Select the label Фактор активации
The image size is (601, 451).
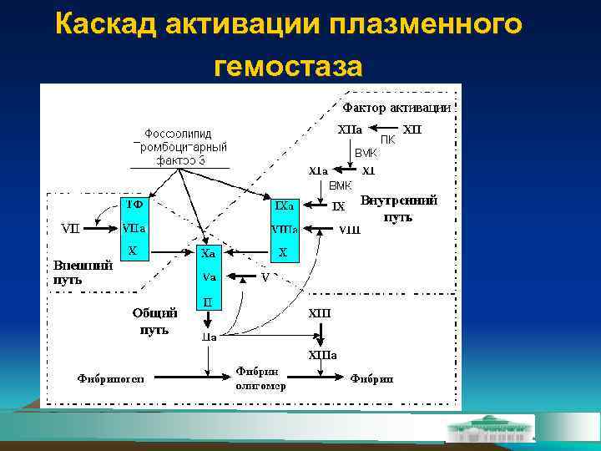(x=396, y=108)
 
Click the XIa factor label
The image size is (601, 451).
(x=317, y=170)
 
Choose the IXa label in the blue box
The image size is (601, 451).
(x=284, y=205)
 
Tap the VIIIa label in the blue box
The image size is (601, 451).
(x=284, y=228)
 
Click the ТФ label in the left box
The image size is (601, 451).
(x=134, y=205)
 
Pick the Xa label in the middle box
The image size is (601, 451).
(x=209, y=252)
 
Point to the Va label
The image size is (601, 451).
(x=209, y=276)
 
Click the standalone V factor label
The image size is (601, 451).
(x=265, y=276)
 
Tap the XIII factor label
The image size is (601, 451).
(x=320, y=314)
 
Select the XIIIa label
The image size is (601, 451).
(x=322, y=355)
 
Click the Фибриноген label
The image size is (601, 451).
(x=110, y=378)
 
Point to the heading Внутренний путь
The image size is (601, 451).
(x=399, y=208)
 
